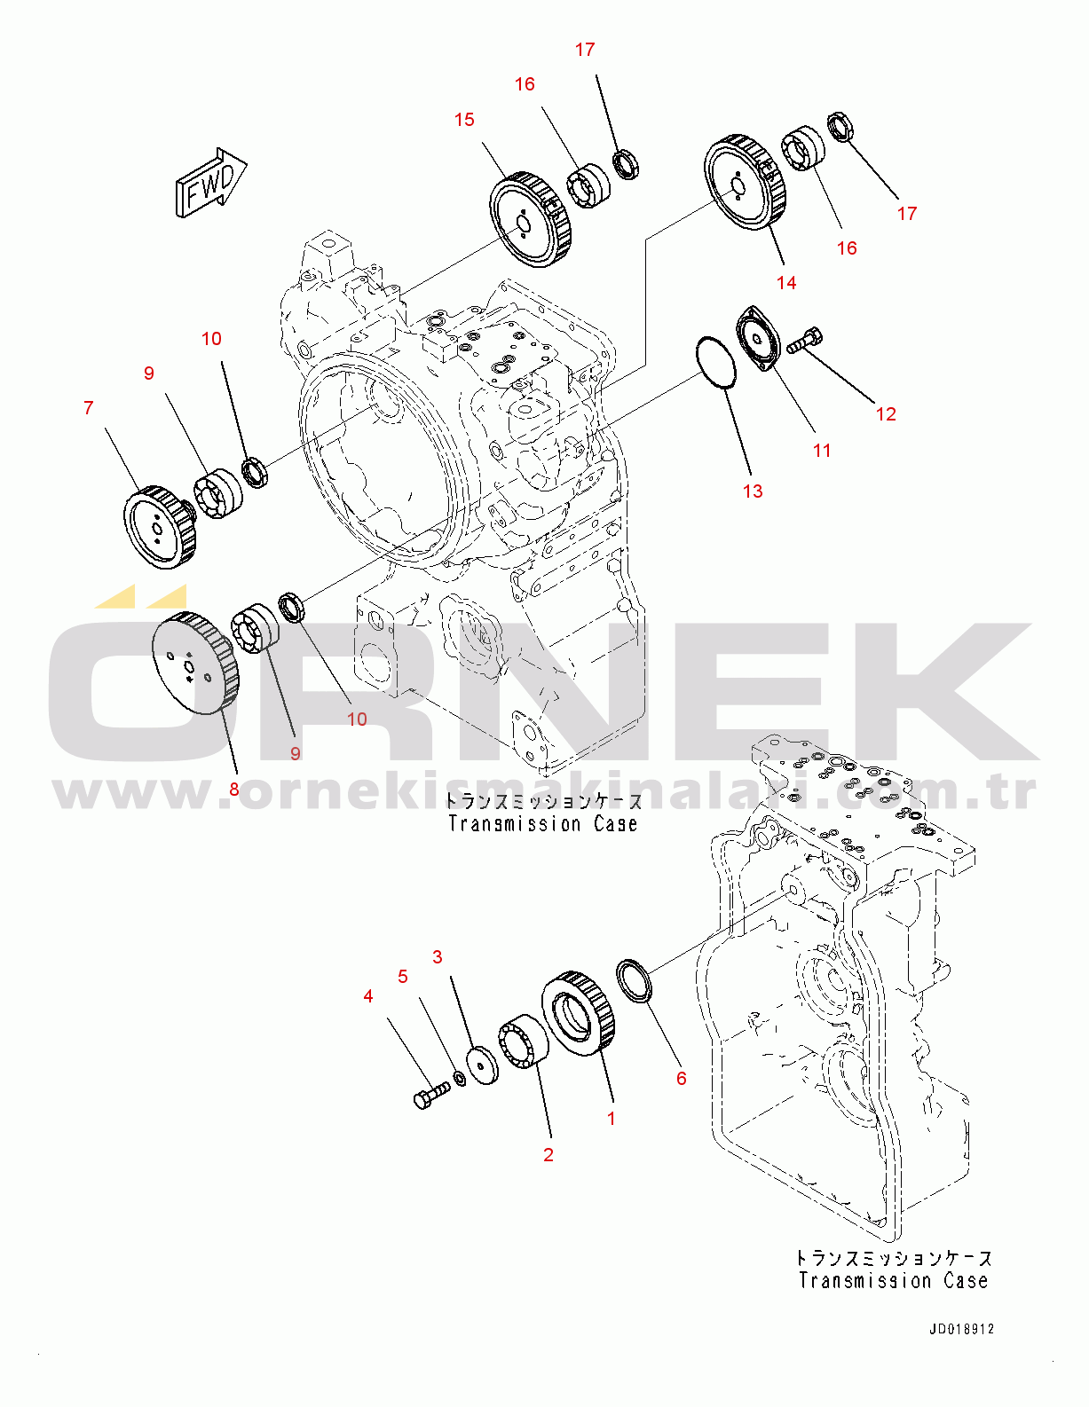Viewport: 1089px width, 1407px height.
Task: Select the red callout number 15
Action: (x=464, y=120)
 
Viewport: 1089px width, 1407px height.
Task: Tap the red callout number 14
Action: (x=786, y=283)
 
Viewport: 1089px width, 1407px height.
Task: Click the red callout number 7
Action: (x=89, y=408)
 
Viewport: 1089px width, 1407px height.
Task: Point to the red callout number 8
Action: (x=234, y=790)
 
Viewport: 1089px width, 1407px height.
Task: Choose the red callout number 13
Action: (x=753, y=491)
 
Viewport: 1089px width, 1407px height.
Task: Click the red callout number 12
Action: (x=887, y=414)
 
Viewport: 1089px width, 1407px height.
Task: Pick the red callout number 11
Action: (x=822, y=451)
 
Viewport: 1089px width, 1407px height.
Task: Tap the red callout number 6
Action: (x=681, y=1078)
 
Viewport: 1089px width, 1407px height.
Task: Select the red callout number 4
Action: (x=368, y=996)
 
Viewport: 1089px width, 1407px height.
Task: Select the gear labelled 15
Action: (x=530, y=220)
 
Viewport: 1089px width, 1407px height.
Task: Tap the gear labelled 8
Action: (x=195, y=663)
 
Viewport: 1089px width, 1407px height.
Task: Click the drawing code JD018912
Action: (x=961, y=1329)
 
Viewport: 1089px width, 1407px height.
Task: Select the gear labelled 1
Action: (x=578, y=1014)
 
